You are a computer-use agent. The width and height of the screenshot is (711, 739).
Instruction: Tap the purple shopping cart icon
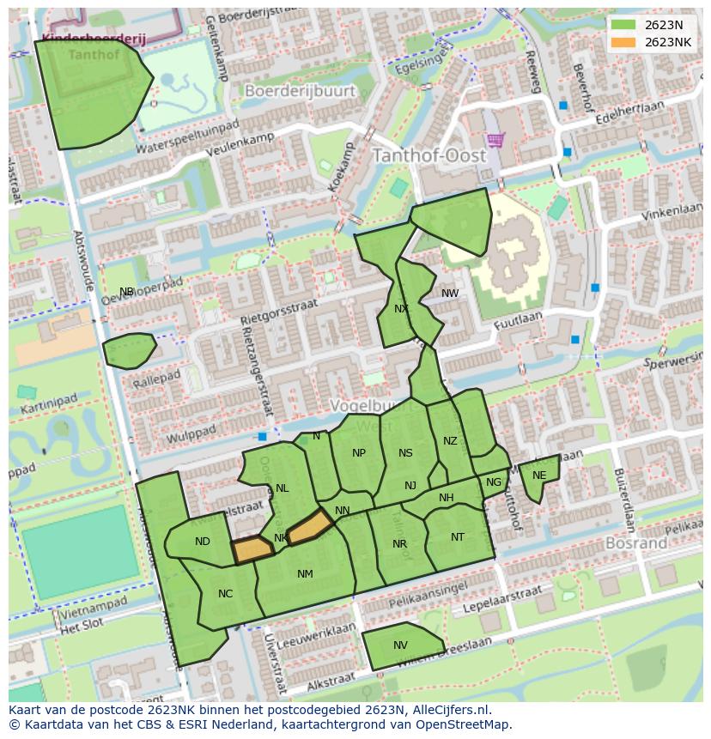pyautogui.click(x=495, y=138)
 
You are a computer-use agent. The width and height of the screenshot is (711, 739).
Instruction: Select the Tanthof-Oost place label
pyautogui.click(x=428, y=156)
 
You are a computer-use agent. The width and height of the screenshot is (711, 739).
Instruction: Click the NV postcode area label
pyautogui.click(x=400, y=645)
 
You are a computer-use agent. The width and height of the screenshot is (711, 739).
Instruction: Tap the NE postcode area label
pyautogui.click(x=539, y=476)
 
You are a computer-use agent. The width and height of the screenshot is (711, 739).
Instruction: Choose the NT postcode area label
pyautogui.click(x=458, y=537)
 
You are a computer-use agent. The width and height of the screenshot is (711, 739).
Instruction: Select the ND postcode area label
pyautogui.click(x=203, y=542)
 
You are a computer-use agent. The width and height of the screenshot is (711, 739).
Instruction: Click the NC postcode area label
pyautogui.click(x=225, y=594)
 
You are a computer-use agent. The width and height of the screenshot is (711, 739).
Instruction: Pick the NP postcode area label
pyautogui.click(x=359, y=453)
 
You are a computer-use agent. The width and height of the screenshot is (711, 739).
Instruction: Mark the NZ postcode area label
pyautogui.click(x=450, y=441)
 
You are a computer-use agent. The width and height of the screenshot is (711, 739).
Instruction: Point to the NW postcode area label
pyautogui.click(x=450, y=294)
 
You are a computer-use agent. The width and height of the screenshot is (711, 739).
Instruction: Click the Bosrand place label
pyautogui.click(x=636, y=543)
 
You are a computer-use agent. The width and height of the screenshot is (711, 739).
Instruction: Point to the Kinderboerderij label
pyautogui.click(x=94, y=39)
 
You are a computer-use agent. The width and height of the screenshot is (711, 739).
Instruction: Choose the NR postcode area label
pyautogui.click(x=399, y=544)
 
